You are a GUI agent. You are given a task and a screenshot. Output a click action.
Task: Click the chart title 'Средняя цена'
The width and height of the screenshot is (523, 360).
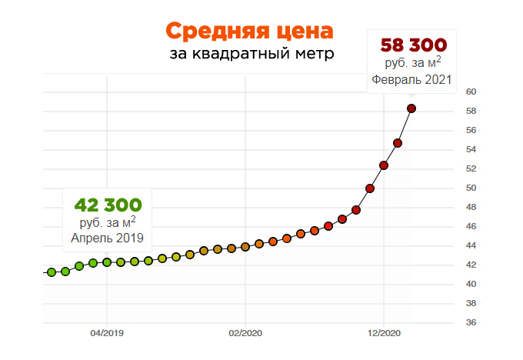click(x=250, y=32)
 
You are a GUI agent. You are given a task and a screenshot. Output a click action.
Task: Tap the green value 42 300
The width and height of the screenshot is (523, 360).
click(x=108, y=205)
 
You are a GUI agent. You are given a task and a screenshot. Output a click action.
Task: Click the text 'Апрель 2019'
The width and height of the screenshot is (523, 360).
click(x=108, y=238)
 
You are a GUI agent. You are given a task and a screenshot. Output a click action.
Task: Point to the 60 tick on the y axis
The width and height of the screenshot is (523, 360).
click(x=471, y=92)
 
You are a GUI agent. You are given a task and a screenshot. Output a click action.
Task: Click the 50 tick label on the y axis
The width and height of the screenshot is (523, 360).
click(x=471, y=188)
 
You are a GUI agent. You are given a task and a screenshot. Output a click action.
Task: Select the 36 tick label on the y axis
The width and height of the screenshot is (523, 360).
click(x=471, y=322)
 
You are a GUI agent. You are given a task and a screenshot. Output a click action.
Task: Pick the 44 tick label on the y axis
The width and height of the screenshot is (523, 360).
click(x=471, y=245)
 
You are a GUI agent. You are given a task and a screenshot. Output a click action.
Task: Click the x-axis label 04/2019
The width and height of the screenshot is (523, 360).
click(x=107, y=333)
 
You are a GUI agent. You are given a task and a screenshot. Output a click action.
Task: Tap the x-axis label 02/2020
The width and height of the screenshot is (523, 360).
click(x=245, y=333)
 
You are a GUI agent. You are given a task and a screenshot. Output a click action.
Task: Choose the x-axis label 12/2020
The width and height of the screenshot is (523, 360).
click(x=384, y=333)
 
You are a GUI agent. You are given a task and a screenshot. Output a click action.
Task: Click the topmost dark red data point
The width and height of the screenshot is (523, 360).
click(x=411, y=108)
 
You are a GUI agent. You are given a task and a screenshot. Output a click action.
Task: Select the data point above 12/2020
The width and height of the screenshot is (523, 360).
click(x=384, y=165)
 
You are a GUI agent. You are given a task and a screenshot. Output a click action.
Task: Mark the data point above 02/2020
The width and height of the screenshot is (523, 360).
click(x=245, y=246)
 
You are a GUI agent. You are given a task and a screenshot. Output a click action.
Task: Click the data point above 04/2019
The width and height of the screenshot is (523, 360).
click(x=107, y=262)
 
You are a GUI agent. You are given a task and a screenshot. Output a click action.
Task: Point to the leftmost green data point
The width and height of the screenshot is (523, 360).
click(x=52, y=272)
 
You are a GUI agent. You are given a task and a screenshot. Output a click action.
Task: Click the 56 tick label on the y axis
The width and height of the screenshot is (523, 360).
click(x=471, y=130)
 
